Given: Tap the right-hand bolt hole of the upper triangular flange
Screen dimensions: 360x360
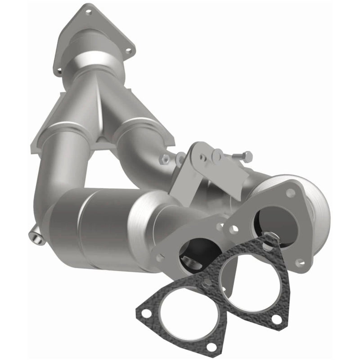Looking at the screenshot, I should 130,51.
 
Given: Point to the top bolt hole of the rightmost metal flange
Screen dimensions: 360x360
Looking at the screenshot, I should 290,193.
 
